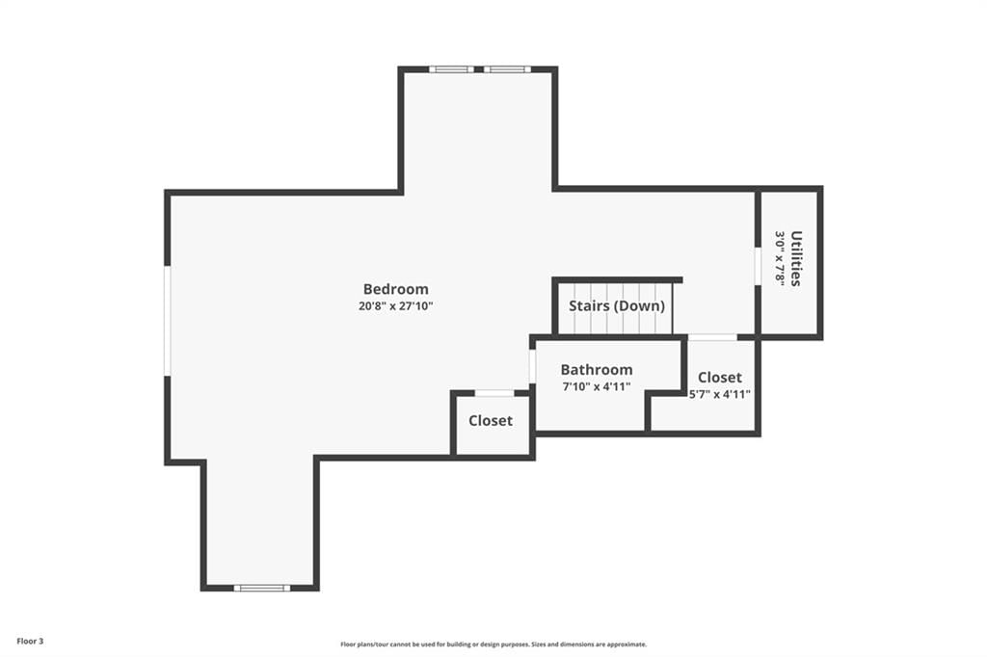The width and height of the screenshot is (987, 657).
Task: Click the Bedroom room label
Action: click(x=395, y=289)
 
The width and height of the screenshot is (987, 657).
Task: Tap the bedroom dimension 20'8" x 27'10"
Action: click(x=395, y=306)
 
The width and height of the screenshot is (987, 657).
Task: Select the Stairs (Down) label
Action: click(x=616, y=305)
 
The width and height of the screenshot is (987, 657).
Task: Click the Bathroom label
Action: click(x=596, y=369)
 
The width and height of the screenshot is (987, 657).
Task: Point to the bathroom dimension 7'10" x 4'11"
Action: click(x=596, y=386)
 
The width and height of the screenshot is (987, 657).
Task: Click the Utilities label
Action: click(x=795, y=258)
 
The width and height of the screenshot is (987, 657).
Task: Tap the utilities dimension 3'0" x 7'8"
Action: click(x=779, y=258)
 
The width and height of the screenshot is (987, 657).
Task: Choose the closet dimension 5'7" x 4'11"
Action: click(x=719, y=395)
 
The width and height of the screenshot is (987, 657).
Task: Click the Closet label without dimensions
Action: click(x=491, y=420)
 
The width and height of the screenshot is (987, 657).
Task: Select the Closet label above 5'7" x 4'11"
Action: click(x=719, y=377)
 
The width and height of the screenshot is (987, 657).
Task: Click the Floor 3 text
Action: click(x=30, y=642)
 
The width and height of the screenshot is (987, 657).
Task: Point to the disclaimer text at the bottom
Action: click(x=493, y=644)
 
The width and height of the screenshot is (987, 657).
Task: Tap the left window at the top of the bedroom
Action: click(x=451, y=69)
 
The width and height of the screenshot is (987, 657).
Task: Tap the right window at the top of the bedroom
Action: click(x=507, y=69)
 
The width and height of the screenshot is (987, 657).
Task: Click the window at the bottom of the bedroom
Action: click(x=262, y=588)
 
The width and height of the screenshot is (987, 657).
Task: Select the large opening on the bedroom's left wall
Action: click(x=168, y=321)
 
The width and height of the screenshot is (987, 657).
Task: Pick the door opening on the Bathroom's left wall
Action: click(x=532, y=366)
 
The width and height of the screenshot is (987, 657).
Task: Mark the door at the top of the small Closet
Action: click(x=494, y=393)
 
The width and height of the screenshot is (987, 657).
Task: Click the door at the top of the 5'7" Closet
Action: click(x=712, y=337)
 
